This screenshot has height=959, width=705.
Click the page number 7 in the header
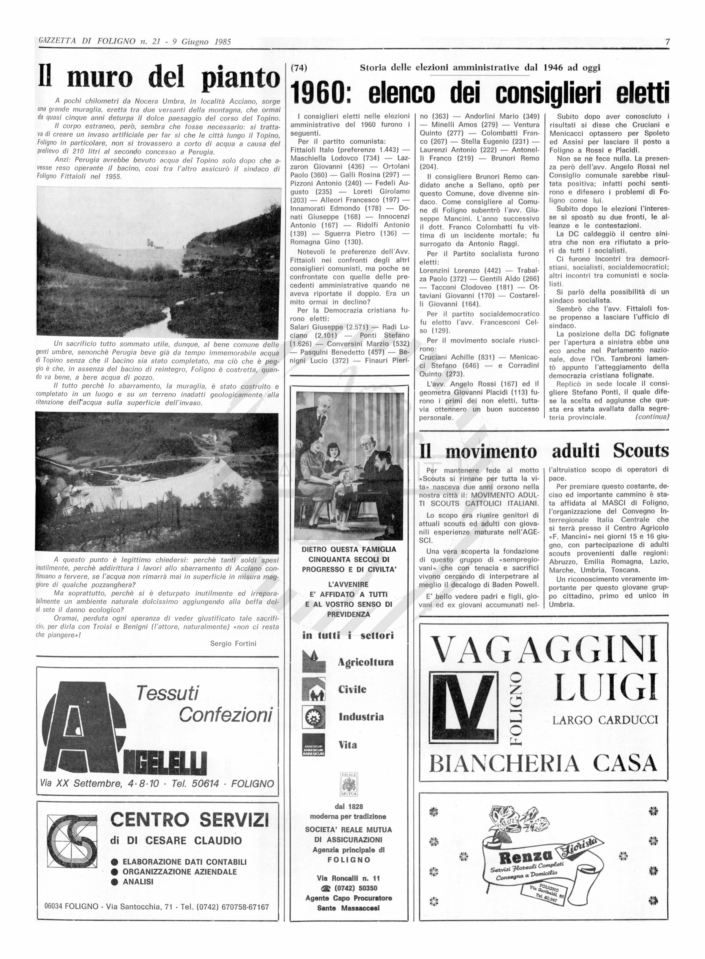[x=667, y=42]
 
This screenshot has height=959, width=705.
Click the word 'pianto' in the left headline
[x=240, y=78]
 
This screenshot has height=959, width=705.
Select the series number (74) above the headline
[x=298, y=67]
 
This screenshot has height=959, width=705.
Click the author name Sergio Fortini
[x=233, y=644]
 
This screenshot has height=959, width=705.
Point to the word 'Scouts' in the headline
[x=641, y=451]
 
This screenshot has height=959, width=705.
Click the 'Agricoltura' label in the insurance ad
[x=365, y=662]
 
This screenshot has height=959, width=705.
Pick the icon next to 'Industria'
[x=313, y=717]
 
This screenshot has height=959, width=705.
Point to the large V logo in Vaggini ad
[x=464, y=709]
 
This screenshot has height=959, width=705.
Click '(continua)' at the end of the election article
[x=652, y=417]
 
